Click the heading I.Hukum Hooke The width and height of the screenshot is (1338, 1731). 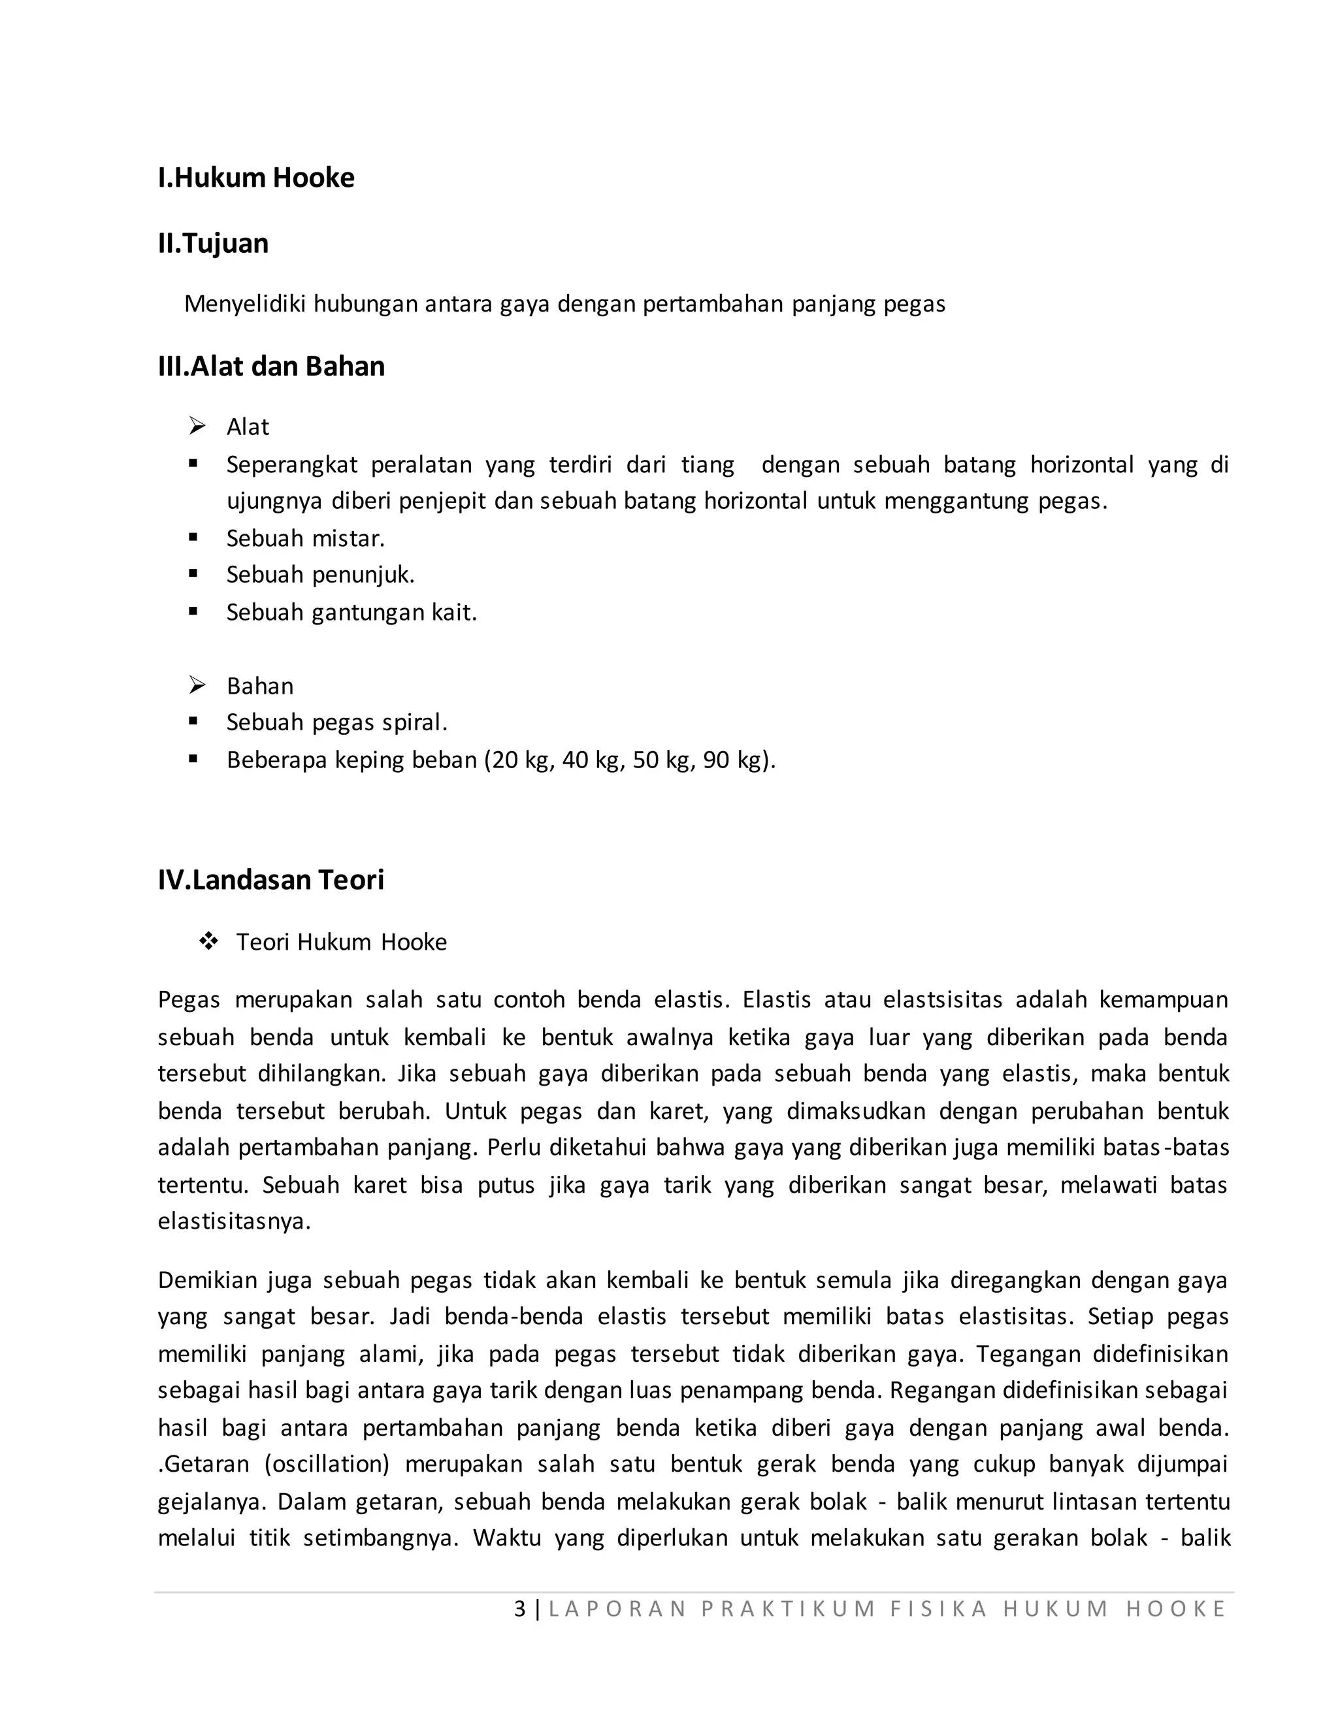pos(256,178)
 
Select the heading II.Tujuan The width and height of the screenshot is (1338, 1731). pos(212,244)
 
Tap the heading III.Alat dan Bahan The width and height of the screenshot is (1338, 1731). pos(271,366)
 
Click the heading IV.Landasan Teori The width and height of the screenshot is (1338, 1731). pos(270,880)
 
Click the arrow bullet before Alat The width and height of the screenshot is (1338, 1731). pos(197,427)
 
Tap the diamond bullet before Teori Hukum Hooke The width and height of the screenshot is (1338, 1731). pos(208,941)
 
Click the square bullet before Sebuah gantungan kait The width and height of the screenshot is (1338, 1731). pos(193,611)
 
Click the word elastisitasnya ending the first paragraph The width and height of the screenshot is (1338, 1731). pos(234,1221)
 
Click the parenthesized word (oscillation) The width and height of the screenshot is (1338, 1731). pos(327,1464)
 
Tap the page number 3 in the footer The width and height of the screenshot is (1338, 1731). pos(520,1608)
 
